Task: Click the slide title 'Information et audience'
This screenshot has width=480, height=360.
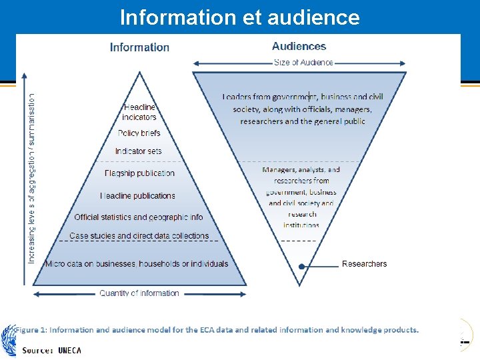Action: pos(239,17)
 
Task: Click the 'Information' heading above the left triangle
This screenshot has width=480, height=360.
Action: pos(139,47)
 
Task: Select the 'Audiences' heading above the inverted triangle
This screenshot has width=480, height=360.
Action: pos(299,47)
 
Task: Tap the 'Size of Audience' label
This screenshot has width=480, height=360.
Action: pos(303,63)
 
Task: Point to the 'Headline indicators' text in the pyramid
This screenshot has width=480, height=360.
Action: pos(139,112)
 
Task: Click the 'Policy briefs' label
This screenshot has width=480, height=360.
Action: pos(139,133)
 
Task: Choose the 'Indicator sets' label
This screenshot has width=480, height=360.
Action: pos(138,151)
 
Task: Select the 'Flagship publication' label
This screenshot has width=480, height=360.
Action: pos(139,173)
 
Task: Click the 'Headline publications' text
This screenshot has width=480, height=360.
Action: pos(138,196)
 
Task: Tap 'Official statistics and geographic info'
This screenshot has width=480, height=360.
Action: pos(139,217)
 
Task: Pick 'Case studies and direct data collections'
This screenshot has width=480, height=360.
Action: pos(139,236)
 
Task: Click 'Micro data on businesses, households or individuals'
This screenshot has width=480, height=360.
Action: pos(137,264)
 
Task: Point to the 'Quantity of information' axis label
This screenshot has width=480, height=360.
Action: pos(139,293)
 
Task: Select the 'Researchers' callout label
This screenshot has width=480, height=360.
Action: pos(364,264)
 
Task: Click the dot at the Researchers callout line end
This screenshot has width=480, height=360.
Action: pos(302,266)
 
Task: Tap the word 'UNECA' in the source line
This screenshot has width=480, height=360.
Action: pos(69,351)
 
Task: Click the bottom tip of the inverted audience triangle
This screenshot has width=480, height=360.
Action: pos(300,285)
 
